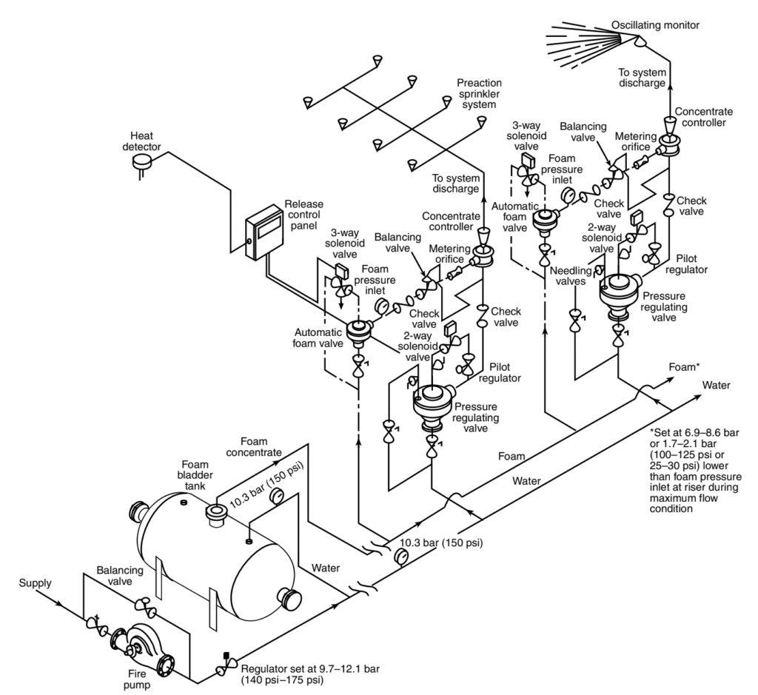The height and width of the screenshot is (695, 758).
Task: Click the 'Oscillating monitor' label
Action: coord(655,25)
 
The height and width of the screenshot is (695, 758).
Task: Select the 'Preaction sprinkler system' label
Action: coord(479,94)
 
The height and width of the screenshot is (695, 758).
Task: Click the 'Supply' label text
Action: coord(36,583)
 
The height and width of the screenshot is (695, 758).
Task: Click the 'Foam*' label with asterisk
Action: coord(683,366)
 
